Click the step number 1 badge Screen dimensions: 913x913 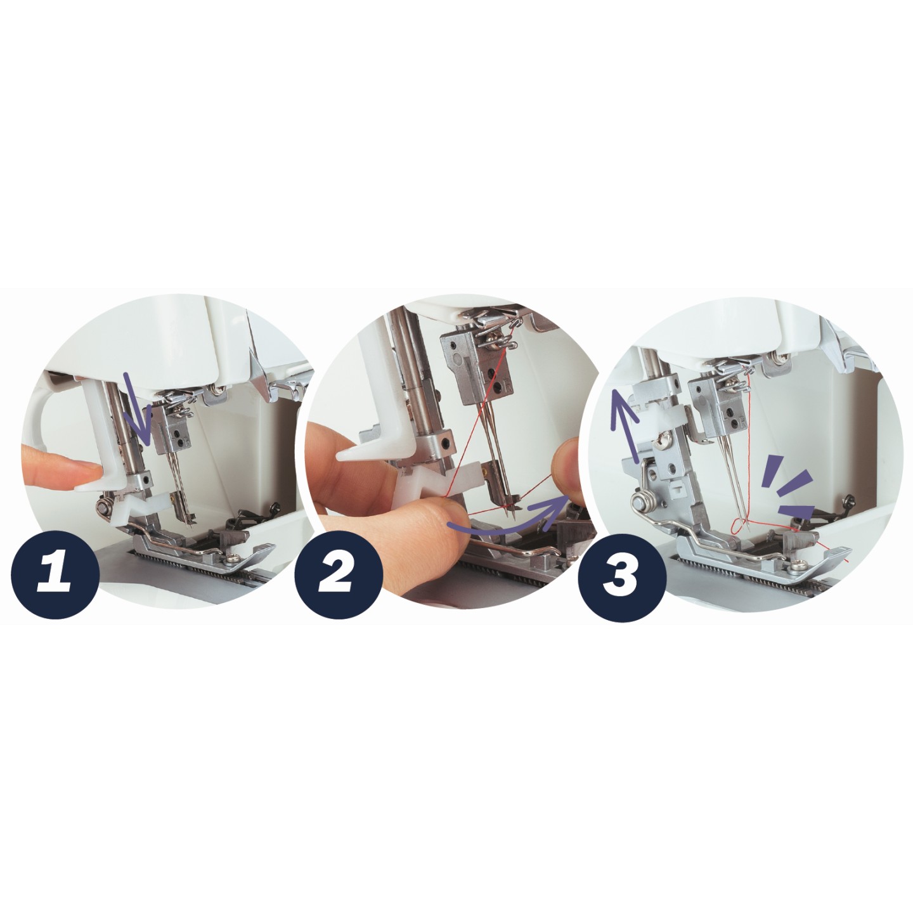point(55,574)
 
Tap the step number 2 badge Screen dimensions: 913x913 point(339,574)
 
